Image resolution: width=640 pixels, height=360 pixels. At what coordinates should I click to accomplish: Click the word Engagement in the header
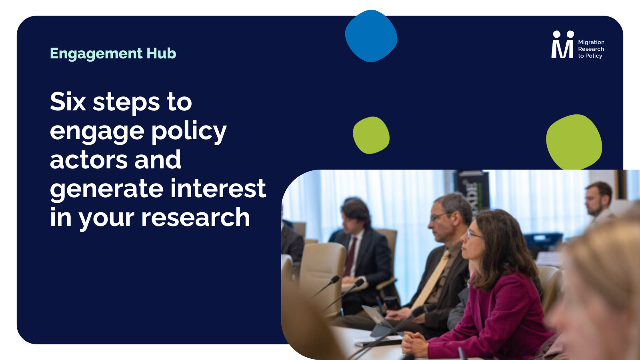tap(96, 54)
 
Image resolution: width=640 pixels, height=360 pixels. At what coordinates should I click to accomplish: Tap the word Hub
tap(161, 53)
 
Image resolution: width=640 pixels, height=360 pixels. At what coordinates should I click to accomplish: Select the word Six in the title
tap(68, 102)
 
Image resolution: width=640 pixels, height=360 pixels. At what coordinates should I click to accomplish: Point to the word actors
tap(88, 160)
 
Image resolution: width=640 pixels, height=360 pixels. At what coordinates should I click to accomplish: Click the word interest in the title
tap(218, 188)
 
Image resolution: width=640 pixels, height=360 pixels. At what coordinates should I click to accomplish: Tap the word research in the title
tap(196, 217)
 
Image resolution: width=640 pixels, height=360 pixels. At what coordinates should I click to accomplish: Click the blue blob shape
tap(371, 36)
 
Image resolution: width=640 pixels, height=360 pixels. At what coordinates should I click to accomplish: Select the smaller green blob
tap(371, 135)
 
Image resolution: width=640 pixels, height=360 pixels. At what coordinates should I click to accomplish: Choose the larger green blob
tap(574, 142)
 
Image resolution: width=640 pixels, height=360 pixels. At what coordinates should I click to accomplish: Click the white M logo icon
tap(562, 44)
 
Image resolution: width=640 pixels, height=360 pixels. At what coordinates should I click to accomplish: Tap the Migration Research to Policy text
tap(591, 49)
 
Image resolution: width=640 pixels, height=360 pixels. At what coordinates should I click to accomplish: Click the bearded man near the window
tap(598, 203)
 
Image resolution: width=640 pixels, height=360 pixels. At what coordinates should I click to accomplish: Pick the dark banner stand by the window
tap(472, 190)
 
